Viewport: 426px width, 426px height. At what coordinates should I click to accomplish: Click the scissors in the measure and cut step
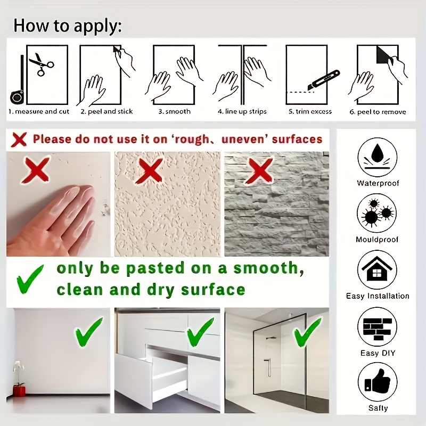42,64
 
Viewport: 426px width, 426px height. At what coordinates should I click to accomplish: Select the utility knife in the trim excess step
324,80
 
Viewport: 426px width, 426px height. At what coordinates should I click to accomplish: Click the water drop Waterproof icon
377,157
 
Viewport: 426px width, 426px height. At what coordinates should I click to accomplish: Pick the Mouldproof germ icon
376,213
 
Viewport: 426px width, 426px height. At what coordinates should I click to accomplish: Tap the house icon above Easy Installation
377,269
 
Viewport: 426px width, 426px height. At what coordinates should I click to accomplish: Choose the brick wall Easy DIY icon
377,327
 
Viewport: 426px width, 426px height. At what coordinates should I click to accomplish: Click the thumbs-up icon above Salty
378,382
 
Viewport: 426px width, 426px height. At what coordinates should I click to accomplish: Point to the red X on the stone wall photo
259,171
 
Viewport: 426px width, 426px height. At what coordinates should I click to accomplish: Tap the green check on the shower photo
307,332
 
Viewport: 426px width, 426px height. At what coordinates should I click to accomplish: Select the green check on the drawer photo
200,332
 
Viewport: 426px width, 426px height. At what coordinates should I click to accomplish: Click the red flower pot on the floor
19,391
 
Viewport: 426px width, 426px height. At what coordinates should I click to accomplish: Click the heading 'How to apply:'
68,26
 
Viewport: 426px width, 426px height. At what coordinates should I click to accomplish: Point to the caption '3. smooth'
175,111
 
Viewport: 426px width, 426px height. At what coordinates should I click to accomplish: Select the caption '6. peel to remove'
378,112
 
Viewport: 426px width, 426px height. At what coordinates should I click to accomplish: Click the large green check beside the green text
30,280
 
